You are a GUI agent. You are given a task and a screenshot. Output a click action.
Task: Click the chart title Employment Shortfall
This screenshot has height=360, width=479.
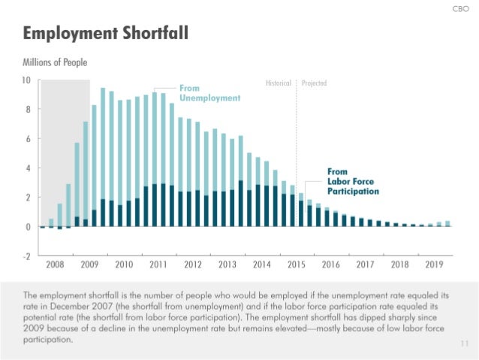pos(104,34)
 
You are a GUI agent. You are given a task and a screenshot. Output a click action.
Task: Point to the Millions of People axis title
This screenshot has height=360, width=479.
pos(59,62)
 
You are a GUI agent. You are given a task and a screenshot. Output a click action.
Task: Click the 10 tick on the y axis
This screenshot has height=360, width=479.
pos(26,80)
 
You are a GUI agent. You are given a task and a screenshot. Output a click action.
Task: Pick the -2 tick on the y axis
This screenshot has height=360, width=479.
pos(26,256)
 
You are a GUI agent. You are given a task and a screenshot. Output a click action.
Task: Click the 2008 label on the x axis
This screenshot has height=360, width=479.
pos(56,265)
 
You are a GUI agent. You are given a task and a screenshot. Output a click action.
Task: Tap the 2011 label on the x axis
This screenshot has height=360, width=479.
pos(158,265)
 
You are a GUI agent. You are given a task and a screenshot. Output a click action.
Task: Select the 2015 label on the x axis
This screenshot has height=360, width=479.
pos(296,265)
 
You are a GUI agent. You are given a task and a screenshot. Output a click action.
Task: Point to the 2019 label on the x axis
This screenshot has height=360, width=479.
pos(434,265)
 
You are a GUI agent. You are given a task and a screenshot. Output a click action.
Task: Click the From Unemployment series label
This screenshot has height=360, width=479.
pos(209,93)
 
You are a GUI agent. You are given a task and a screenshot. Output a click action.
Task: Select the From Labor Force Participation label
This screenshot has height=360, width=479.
pos(352,182)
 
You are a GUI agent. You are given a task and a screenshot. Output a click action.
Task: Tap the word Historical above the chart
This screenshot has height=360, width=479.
pos(279,83)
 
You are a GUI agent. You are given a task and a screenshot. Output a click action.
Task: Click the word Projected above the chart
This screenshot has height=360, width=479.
pos(313,83)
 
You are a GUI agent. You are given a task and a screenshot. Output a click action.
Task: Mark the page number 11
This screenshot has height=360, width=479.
pos(463,343)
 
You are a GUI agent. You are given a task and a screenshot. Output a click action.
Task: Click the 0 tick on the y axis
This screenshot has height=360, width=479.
pos(29,227)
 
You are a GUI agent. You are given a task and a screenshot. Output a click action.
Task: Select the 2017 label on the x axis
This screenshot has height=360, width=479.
pos(365,265)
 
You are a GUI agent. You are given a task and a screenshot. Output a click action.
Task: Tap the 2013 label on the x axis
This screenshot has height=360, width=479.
pos(227,265)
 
